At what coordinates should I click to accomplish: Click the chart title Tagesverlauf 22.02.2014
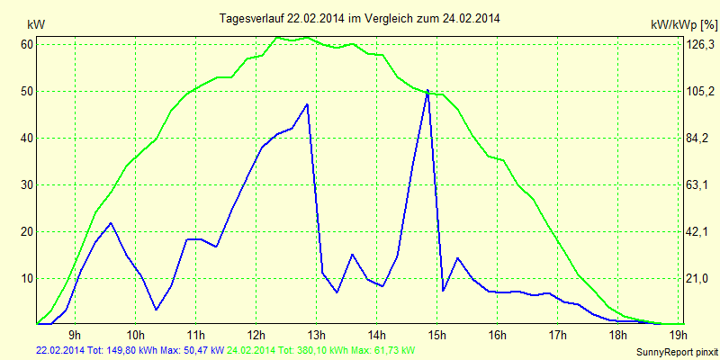(x=360, y=18)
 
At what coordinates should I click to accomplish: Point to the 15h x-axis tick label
(x=437, y=337)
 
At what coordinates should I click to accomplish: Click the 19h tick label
(x=678, y=337)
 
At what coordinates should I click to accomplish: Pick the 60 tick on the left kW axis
(x=27, y=44)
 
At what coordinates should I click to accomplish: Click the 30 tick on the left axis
(x=27, y=184)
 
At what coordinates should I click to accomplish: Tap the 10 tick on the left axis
(x=27, y=278)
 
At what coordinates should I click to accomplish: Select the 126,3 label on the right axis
(x=701, y=45)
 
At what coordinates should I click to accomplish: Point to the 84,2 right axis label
(x=701, y=138)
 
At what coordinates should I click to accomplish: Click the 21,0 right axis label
(x=701, y=278)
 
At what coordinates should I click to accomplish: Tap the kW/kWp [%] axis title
(x=683, y=23)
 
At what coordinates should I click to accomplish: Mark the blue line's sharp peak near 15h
(x=427, y=90)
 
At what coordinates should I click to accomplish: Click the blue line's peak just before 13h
(x=308, y=104)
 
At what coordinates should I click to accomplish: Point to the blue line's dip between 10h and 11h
(x=156, y=310)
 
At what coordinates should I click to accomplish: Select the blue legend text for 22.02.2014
(x=130, y=350)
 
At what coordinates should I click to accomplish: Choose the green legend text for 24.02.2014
(x=320, y=350)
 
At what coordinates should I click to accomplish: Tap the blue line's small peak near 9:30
(x=110, y=223)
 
